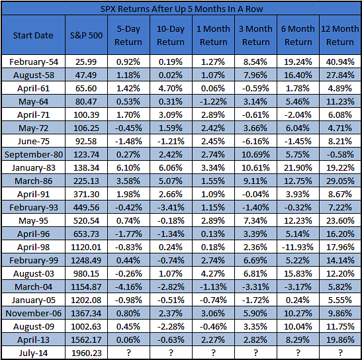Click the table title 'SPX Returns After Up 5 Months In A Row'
(181, 9)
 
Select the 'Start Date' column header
(33, 35)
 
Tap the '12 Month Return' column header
(340, 35)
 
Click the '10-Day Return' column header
(171, 35)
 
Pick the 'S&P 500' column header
(86, 35)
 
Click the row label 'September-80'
(34, 154)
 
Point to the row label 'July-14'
(33, 353)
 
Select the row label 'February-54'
(34, 62)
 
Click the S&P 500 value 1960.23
(86, 353)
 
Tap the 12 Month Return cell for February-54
(340, 62)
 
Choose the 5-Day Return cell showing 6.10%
(128, 167)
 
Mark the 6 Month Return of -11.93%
(298, 247)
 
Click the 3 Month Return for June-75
(255, 141)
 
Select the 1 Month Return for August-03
(213, 273)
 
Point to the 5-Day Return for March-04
(128, 287)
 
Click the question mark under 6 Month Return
(298, 353)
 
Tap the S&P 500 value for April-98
(86, 247)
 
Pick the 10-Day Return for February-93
(171, 207)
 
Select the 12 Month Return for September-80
(340, 154)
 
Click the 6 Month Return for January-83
(298, 167)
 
